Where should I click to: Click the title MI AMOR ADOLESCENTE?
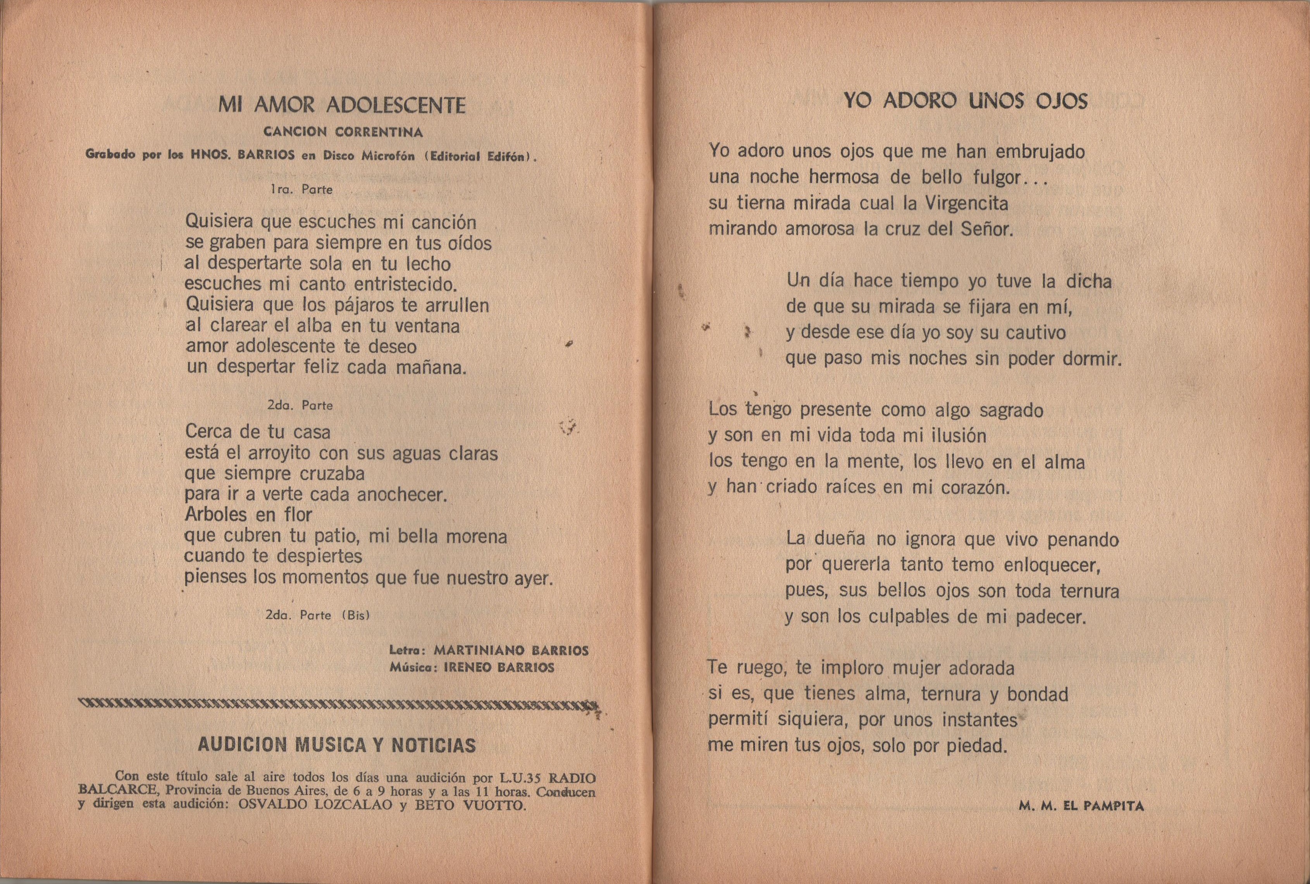(342, 105)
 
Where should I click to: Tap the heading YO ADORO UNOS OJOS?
(965, 101)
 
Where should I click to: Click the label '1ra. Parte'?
(301, 190)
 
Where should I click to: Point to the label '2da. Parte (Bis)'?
(317, 615)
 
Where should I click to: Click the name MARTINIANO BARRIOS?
(511, 651)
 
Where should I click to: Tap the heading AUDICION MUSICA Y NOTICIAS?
(337, 745)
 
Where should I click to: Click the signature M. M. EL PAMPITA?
(1081, 806)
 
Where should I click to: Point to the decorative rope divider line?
(338, 704)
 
